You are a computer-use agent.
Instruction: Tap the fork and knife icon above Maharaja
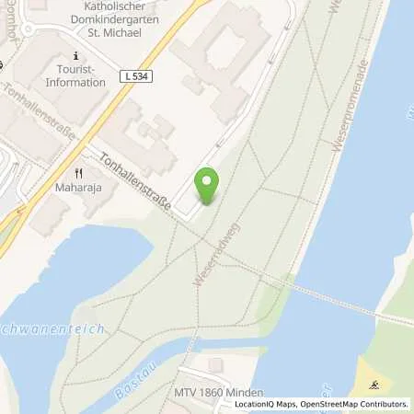79,173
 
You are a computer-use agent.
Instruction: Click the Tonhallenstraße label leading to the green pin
136,180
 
